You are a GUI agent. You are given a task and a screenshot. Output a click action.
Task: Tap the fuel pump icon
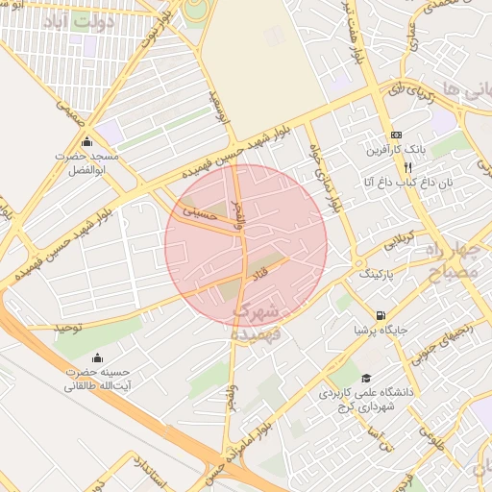point(381,315)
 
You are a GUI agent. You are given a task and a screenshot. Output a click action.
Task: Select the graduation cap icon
point(364,379)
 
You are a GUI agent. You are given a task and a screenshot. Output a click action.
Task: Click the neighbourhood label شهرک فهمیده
point(257,322)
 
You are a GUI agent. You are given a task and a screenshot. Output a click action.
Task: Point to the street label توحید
point(69,328)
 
